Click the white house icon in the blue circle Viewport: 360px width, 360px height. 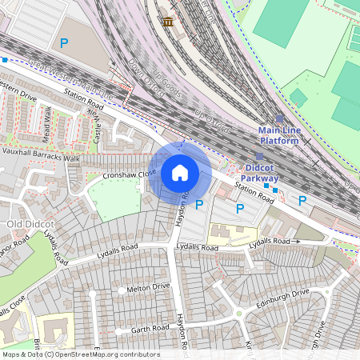180,173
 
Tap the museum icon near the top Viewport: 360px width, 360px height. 168,22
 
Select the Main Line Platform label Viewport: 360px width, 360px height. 278,135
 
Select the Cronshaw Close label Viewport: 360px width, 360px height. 129,174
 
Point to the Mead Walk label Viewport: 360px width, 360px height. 47,123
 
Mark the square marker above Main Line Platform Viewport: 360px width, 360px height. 279,118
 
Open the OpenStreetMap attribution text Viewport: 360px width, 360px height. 80,354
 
